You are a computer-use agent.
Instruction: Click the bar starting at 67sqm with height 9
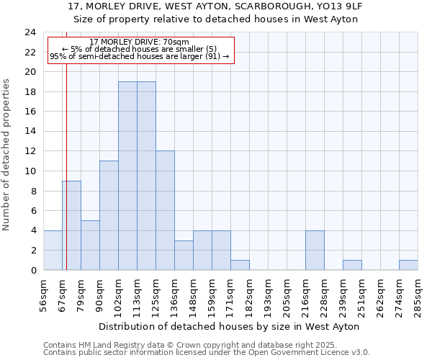71,225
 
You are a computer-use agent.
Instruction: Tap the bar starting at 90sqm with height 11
109,215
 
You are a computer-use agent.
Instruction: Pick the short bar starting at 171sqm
240,265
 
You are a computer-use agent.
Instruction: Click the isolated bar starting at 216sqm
315,250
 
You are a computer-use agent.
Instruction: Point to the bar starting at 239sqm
352,265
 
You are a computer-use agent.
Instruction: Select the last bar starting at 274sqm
408,265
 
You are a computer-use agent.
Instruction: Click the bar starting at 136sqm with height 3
184,255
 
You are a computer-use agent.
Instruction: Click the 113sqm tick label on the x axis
138,295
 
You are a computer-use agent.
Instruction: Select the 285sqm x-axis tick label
418,295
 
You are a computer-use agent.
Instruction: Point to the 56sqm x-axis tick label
44,295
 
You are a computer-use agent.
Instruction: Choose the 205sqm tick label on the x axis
287,295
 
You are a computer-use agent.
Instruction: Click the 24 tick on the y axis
30,32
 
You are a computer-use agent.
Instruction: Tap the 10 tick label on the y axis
30,171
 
